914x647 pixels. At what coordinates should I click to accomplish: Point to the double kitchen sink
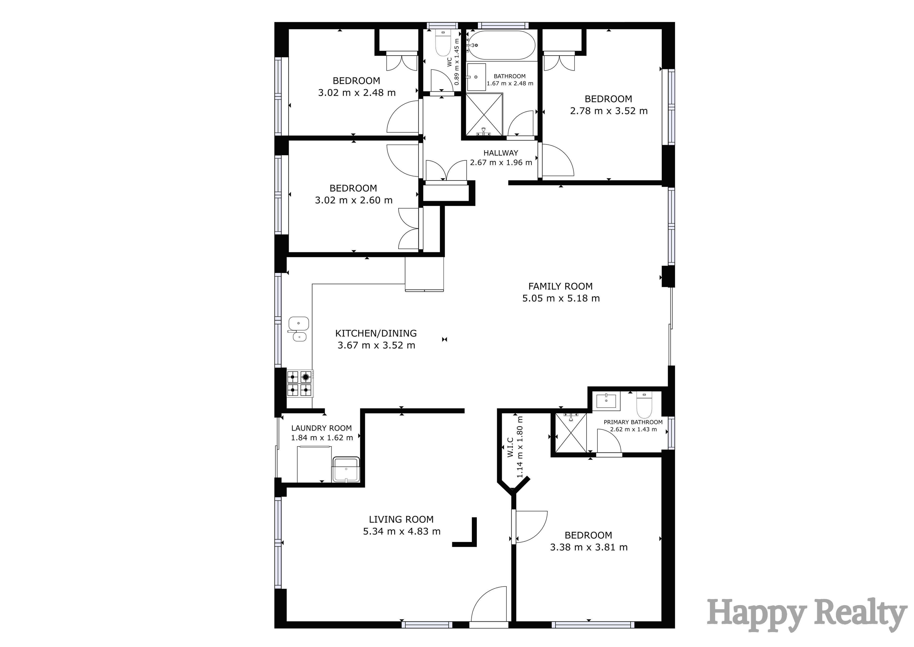pos(298,329)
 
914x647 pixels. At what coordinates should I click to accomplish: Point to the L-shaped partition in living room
pos(470,536)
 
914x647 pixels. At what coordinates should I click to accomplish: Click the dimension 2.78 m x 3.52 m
pos(608,111)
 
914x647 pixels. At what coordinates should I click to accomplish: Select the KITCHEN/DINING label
pos(376,333)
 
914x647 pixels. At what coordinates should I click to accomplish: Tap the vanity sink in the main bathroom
pos(476,77)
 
